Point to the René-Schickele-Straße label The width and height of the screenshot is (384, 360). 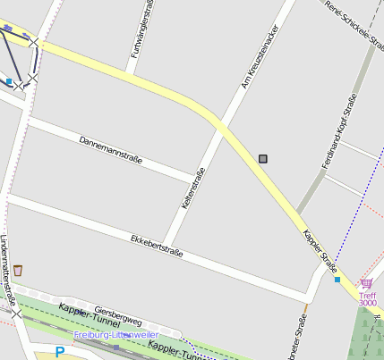[x=354, y=21]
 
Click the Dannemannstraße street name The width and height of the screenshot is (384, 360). [x=111, y=152]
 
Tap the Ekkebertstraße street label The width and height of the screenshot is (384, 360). [x=157, y=246]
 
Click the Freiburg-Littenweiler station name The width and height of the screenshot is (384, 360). [x=115, y=335]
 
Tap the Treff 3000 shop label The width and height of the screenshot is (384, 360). [x=368, y=299]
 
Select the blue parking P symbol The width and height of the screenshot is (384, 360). [x=59, y=352]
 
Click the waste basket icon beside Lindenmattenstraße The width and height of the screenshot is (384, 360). [x=18, y=270]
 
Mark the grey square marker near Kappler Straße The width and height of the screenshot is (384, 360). [x=263, y=159]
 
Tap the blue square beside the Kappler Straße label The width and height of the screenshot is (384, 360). [x=337, y=280]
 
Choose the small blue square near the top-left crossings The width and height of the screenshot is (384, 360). [x=9, y=81]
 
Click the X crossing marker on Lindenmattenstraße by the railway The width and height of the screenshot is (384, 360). [x=16, y=314]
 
